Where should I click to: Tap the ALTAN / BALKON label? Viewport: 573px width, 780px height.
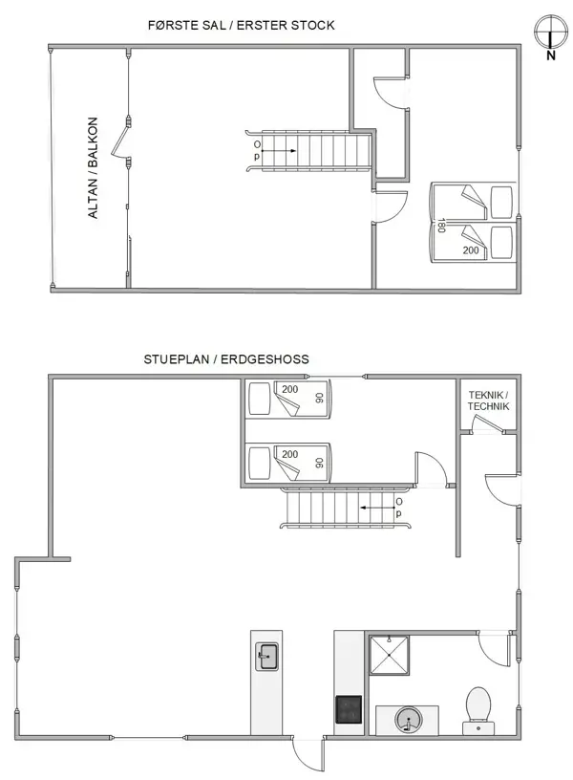(x=94, y=168)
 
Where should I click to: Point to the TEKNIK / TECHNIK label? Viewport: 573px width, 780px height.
(x=488, y=401)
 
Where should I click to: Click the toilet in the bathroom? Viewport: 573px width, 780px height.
(x=477, y=708)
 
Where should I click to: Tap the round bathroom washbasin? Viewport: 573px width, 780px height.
(x=409, y=719)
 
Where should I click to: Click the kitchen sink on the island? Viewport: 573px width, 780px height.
(x=266, y=657)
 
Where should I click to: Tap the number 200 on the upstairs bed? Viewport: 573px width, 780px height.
(x=471, y=249)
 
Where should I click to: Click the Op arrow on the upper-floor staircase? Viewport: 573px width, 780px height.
(x=266, y=149)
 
